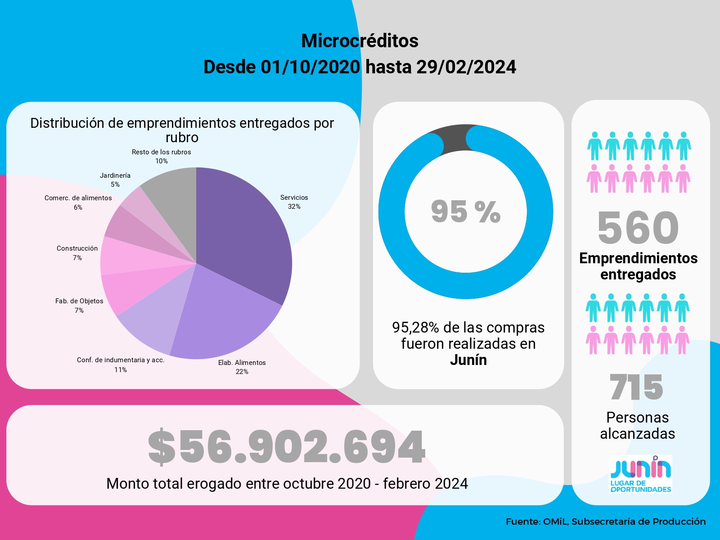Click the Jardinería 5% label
[115, 180]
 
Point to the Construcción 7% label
[77, 253]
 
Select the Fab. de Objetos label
[79, 306]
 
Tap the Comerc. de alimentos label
[78, 202]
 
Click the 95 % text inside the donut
[466, 211]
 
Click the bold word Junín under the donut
[468, 360]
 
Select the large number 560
[638, 228]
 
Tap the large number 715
[636, 387]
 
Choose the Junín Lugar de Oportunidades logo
[640, 474]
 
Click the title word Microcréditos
[360, 41]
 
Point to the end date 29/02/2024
[466, 67]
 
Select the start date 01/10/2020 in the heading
[310, 67]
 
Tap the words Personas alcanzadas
[638, 426]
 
